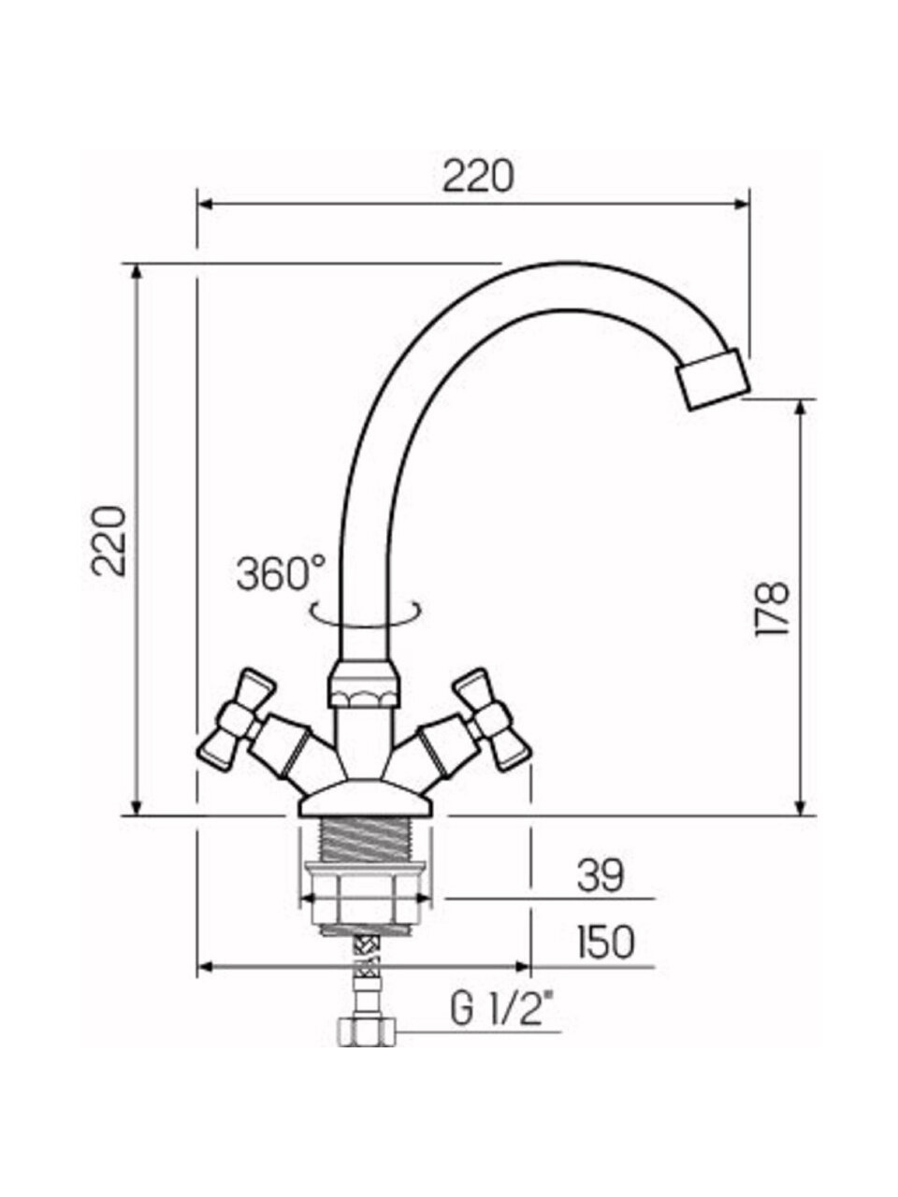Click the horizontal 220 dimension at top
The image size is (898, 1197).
(x=478, y=176)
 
